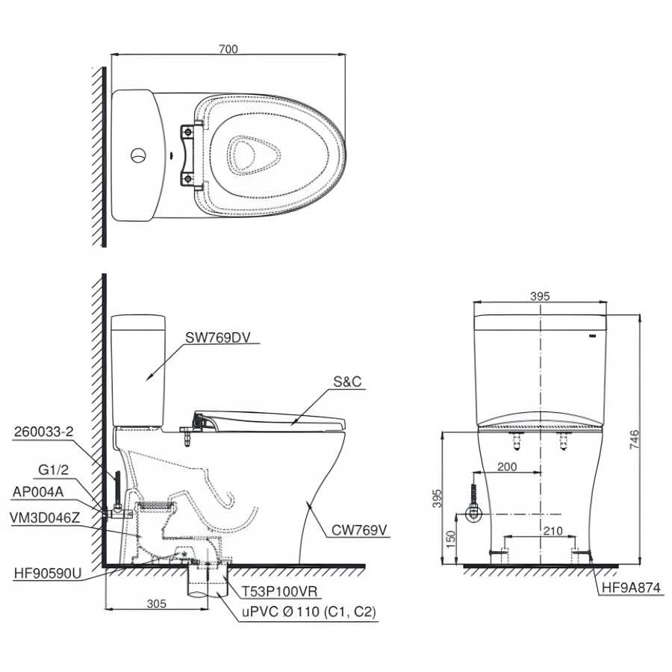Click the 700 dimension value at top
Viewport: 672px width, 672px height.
pyautogui.click(x=228, y=49)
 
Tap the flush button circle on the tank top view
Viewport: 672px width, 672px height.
pyautogui.click(x=138, y=155)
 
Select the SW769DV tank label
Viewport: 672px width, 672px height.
pyautogui.click(x=217, y=337)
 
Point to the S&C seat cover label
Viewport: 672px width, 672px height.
pyautogui.click(x=347, y=382)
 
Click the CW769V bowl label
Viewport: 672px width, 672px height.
pyautogui.click(x=359, y=530)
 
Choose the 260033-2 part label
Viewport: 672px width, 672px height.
pyautogui.click(x=44, y=432)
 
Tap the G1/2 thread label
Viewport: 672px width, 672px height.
pyautogui.click(x=53, y=470)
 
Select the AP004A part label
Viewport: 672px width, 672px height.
pyautogui.click(x=38, y=491)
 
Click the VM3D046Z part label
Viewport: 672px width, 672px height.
pyautogui.click(x=45, y=517)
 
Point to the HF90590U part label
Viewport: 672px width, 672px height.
pyautogui.click(x=48, y=573)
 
